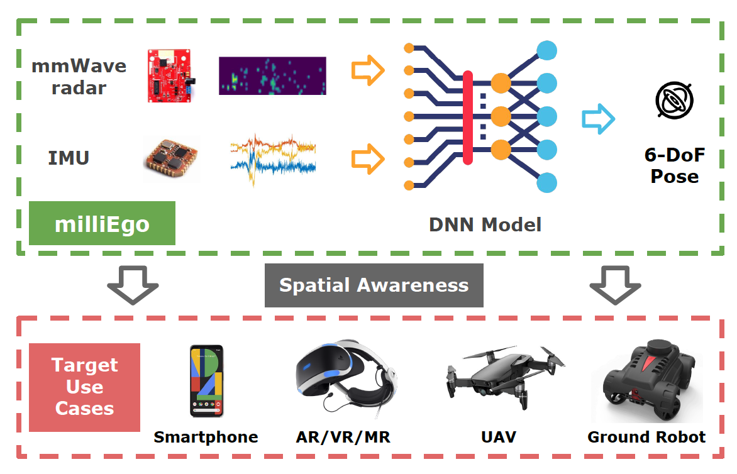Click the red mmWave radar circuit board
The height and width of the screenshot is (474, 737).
pos(170,75)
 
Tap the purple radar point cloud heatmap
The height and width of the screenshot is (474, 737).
pos(272,75)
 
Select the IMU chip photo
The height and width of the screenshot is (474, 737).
pos(171,158)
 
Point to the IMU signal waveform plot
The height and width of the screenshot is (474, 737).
pos(273,159)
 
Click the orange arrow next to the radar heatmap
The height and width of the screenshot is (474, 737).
pos(368,70)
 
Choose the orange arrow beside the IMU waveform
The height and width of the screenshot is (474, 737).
pos(368,159)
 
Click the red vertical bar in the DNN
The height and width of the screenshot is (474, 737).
pos(468,118)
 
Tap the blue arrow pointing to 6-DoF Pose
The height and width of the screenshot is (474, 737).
pos(598,119)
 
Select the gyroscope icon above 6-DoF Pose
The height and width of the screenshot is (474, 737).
pos(675,100)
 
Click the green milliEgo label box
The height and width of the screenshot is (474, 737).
pos(102,223)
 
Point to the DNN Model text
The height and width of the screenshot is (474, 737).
pos(485,224)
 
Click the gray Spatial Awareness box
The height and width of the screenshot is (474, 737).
pos(374,285)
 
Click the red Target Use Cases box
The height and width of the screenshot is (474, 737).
pos(85,387)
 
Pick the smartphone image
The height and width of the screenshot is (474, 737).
pos(207,381)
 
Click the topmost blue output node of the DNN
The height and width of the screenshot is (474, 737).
pos(546,50)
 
